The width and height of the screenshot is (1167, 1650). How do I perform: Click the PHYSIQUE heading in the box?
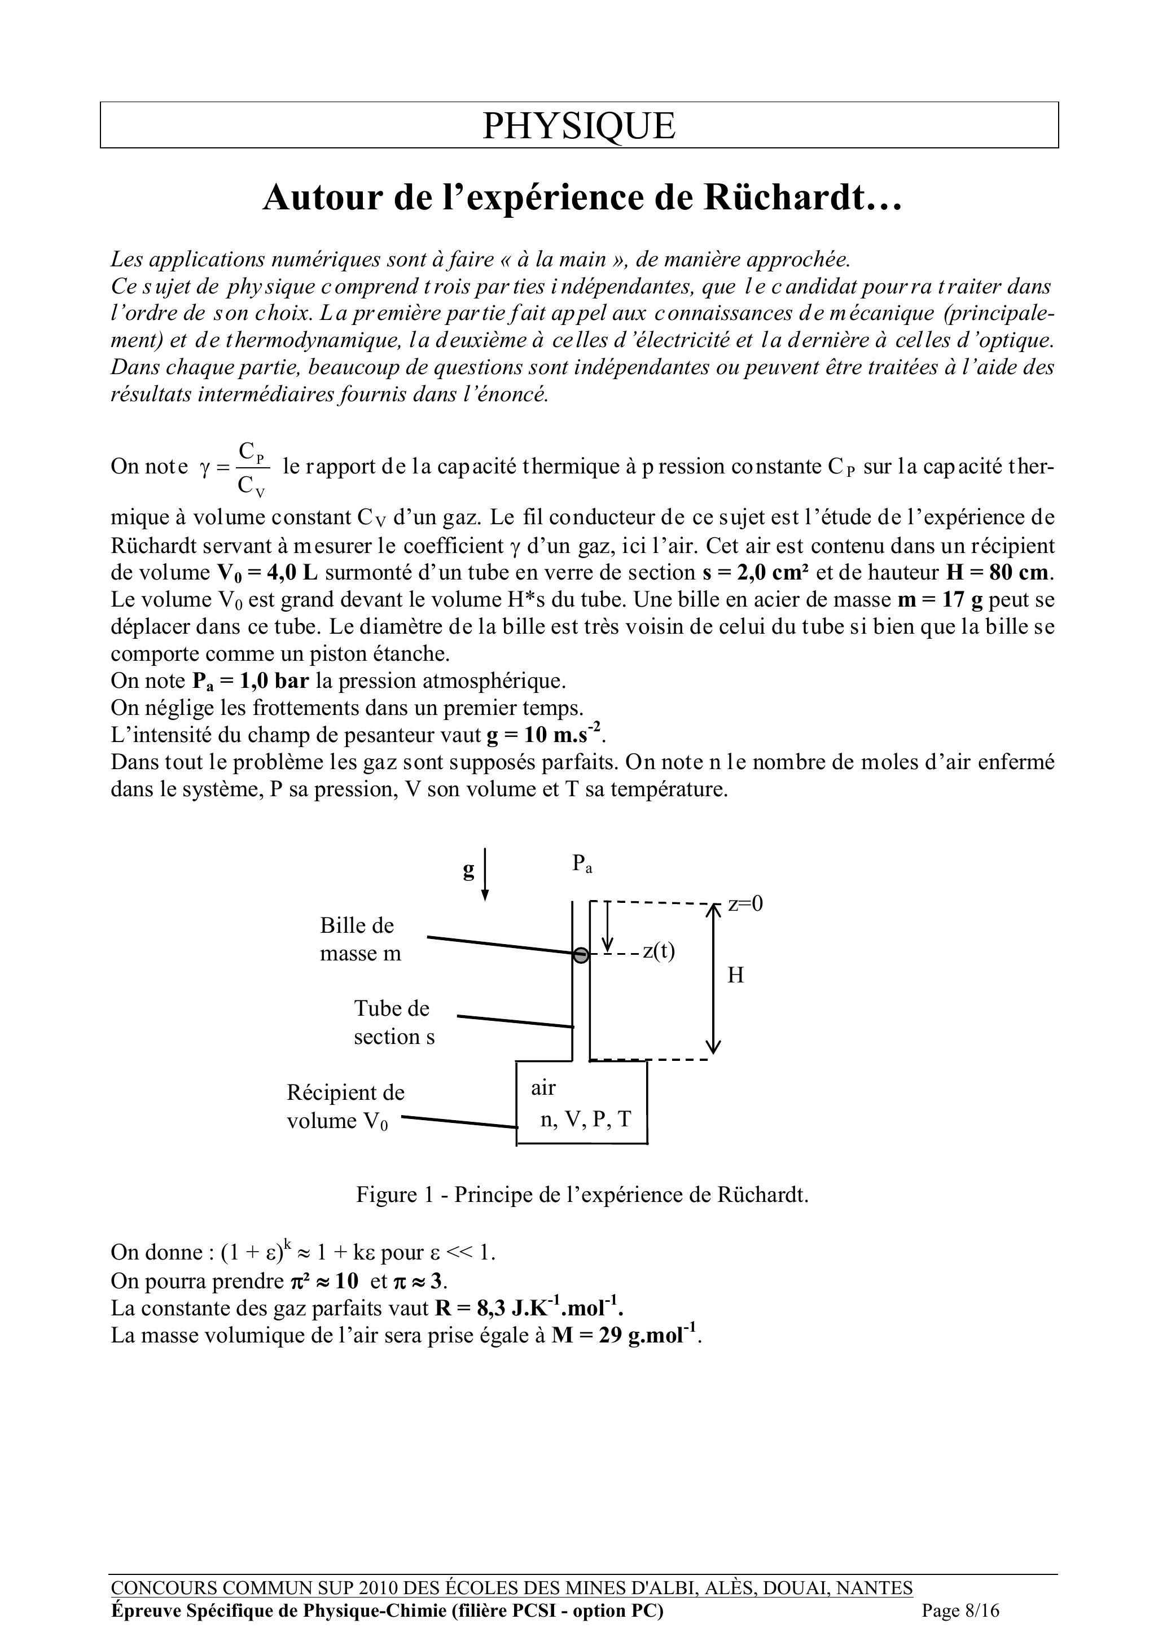(x=578, y=126)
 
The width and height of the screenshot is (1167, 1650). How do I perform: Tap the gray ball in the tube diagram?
(x=581, y=955)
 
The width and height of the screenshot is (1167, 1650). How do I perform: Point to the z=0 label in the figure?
(x=745, y=904)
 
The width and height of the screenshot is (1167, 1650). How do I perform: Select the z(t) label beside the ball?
(x=658, y=951)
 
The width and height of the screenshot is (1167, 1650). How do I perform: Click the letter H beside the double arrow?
(x=735, y=976)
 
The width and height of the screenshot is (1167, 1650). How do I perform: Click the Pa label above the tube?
(x=582, y=864)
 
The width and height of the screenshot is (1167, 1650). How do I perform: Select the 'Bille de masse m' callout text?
(x=359, y=939)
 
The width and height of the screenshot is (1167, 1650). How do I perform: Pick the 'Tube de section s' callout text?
(x=394, y=1023)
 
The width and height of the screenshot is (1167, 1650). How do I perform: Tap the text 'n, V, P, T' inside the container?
(x=585, y=1119)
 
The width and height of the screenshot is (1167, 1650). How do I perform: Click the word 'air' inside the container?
(x=543, y=1088)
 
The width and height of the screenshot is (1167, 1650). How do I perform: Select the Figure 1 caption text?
(x=582, y=1195)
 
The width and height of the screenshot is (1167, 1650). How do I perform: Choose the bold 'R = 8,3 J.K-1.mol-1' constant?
(x=529, y=1308)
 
